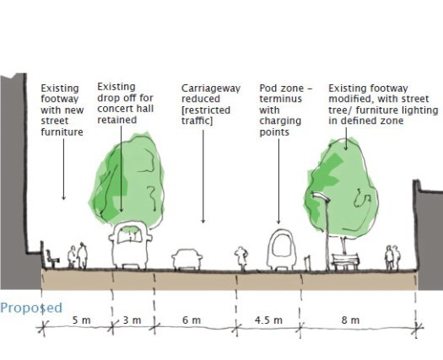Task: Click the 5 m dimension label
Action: pos(81,320)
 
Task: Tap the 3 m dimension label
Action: pos(132,320)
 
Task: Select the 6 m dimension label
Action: pos(192,320)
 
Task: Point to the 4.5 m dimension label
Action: pos(268,320)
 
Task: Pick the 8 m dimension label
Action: pos(350,320)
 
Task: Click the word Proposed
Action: pos(31,308)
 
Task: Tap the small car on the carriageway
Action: pos(187,259)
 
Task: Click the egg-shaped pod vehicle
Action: pos(281,250)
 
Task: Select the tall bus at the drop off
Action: pos(130,244)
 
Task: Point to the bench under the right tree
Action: pos(345,261)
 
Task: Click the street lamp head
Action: pos(321,196)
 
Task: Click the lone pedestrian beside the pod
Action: pos(241,258)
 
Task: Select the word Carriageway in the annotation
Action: pos(211,89)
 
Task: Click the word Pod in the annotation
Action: pos(267,88)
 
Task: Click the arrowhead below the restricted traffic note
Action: pos(203,221)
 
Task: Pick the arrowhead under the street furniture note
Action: pos(63,197)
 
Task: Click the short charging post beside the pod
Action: pos(307,263)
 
